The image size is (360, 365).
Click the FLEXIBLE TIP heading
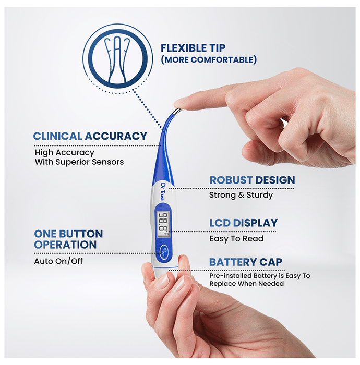(193, 48)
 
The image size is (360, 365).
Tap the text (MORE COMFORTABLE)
(209, 59)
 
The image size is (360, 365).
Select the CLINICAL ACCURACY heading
(90, 136)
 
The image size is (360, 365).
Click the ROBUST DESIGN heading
(252, 180)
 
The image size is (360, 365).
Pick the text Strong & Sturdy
(241, 195)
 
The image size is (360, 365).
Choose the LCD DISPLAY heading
(243, 223)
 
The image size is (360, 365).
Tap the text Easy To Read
(236, 239)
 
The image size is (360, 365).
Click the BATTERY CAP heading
(246, 262)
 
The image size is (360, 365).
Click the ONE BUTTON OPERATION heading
(68, 239)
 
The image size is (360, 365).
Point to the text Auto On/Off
(58, 261)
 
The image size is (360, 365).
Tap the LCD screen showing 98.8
(163, 224)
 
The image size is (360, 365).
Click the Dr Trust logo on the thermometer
(163, 191)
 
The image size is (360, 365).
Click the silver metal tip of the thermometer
(177, 112)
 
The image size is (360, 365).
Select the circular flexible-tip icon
(117, 58)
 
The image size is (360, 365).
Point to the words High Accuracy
(65, 152)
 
